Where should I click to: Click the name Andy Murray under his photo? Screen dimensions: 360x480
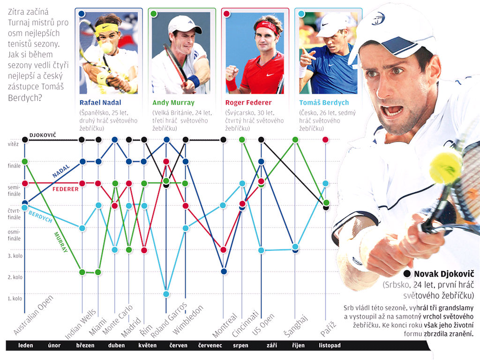[173, 103]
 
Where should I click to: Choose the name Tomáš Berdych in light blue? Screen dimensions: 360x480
[324, 103]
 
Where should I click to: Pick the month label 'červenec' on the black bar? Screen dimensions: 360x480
[210, 345]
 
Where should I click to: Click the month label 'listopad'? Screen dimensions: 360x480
[330, 345]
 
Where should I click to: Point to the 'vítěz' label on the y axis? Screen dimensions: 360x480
[13, 144]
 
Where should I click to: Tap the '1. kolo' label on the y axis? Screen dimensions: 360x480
[15, 298]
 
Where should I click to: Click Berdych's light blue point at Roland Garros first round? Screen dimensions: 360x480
[166, 294]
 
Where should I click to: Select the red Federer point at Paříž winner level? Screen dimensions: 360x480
[326, 140]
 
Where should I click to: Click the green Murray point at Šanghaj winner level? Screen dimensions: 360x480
[295, 140]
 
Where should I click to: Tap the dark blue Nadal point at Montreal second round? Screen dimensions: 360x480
[224, 271]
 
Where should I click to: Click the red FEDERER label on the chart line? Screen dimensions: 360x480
[65, 189]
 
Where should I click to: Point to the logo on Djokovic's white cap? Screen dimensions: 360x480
[378, 19]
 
